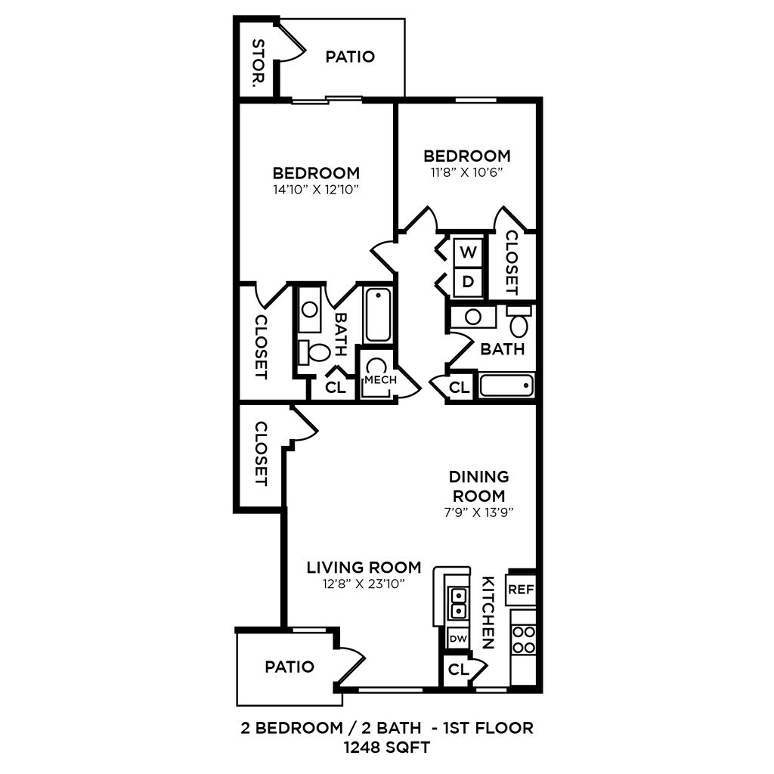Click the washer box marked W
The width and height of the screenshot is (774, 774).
tap(468, 252)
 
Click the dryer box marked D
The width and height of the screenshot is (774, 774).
tap(468, 282)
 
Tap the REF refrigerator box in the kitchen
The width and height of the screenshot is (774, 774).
tap(522, 589)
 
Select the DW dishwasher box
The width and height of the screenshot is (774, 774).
tap(458, 638)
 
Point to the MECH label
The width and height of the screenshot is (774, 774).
tap(381, 379)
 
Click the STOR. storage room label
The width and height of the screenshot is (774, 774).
tap(259, 63)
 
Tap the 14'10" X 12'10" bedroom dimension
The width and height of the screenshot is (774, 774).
tap(316, 190)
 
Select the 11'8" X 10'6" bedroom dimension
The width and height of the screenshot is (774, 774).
tap(467, 172)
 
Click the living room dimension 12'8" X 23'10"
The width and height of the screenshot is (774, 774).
tap(364, 584)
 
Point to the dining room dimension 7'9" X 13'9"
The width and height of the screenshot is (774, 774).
tap(478, 512)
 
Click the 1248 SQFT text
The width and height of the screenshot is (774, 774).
tap(387, 748)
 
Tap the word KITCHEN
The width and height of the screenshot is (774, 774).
tap(488, 612)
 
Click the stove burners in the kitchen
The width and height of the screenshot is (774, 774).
tap(524, 639)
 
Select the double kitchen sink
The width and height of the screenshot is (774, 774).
tap(458, 604)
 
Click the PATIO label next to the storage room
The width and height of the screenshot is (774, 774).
tap(350, 57)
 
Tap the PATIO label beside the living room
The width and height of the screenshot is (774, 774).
tap(289, 667)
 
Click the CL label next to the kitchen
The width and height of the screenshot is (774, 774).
tap(459, 670)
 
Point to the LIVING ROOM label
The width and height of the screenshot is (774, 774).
tap(364, 568)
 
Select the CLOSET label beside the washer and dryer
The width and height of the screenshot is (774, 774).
tap(512, 263)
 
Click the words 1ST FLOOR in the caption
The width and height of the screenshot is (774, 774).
tap(488, 728)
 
